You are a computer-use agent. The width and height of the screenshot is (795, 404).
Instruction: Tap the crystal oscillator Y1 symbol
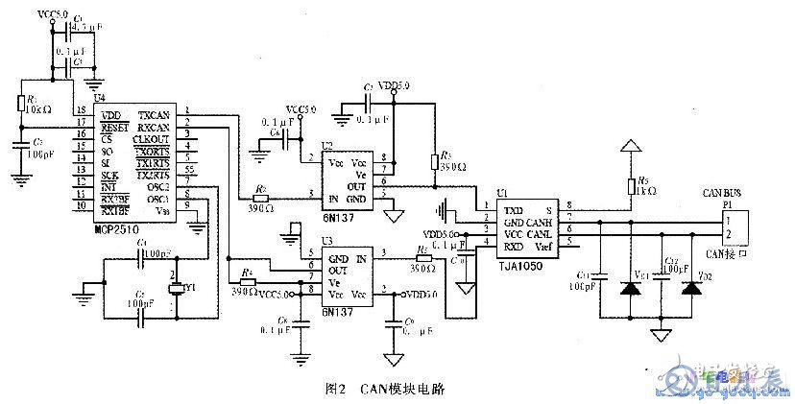click(x=176, y=289)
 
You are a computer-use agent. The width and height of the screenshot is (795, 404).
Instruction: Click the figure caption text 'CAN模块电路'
click(x=403, y=389)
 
